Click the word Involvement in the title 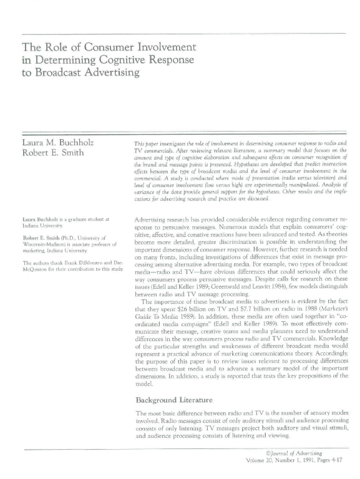pos(163,47)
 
